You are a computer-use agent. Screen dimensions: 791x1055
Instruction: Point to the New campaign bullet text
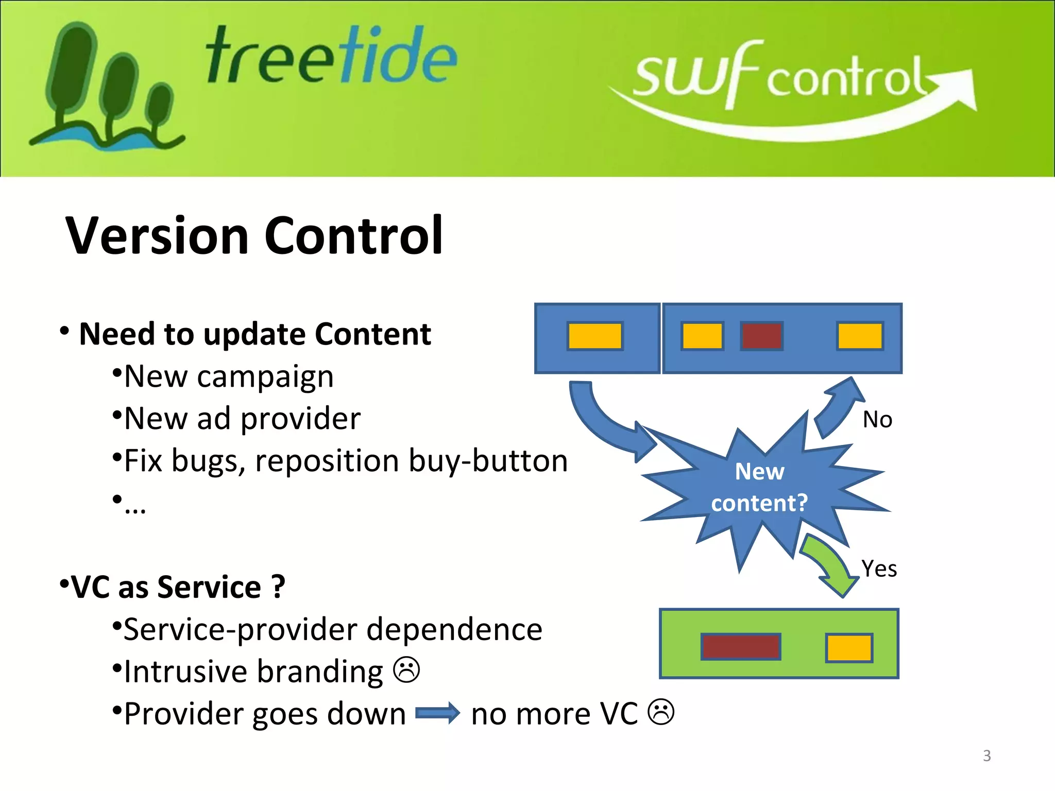coord(229,377)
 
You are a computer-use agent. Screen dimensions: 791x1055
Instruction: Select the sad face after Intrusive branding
coord(406,670)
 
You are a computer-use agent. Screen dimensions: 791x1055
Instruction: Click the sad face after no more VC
coord(660,712)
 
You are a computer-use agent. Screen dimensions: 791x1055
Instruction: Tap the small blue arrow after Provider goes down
coord(437,713)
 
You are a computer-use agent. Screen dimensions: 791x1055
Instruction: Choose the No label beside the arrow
coord(877,420)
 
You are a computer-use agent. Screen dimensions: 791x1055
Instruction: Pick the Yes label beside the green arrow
coord(879,569)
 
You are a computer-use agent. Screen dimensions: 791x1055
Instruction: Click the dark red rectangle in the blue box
coord(761,336)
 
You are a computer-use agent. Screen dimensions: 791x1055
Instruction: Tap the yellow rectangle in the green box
coord(848,648)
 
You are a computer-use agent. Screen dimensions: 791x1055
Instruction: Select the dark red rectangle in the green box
coord(740,647)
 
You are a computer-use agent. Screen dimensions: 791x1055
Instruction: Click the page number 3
coord(986,755)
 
